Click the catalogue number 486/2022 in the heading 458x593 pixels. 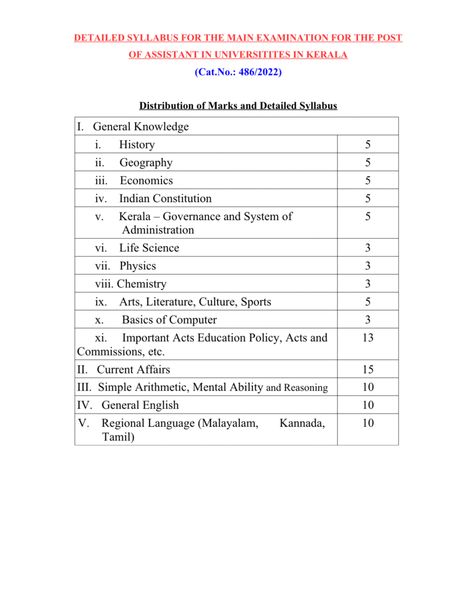pyautogui.click(x=259, y=73)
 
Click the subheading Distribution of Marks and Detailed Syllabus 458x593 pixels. pyautogui.click(x=238, y=106)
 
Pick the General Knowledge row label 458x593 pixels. pyautogui.click(x=141, y=126)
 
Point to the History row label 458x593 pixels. pyautogui.click(x=137, y=144)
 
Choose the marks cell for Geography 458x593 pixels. pyautogui.click(x=368, y=163)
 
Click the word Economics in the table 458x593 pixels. pyautogui.click(x=146, y=181)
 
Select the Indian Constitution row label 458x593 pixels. pyautogui.click(x=165, y=199)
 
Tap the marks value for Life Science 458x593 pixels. pyautogui.click(x=368, y=248)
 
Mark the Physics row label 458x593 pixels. pyautogui.click(x=137, y=266)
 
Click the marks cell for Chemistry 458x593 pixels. pyautogui.click(x=368, y=284)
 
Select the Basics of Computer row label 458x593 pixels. pyautogui.click(x=169, y=320)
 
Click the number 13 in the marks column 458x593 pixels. pyautogui.click(x=368, y=338)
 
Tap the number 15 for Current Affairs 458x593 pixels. pyautogui.click(x=368, y=369)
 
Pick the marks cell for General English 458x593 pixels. pyautogui.click(x=368, y=405)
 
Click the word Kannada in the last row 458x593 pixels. pyautogui.click(x=302, y=423)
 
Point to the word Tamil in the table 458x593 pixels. pyautogui.click(x=118, y=437)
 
